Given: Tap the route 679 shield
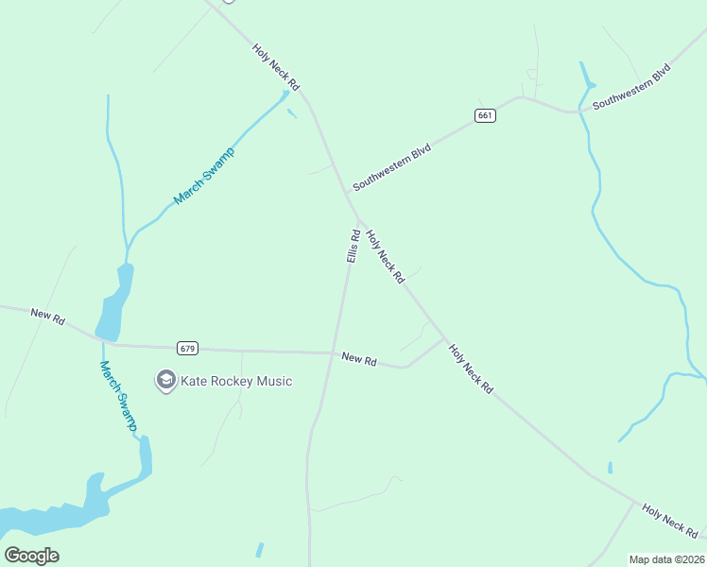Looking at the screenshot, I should click(x=188, y=349).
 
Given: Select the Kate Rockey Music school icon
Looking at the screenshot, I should click(x=166, y=381).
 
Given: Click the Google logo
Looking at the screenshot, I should click(x=31, y=555).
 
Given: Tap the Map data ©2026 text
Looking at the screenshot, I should click(x=666, y=559).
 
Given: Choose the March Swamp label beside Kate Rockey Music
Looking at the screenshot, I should click(x=118, y=397).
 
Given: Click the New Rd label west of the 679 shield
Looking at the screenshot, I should click(x=47, y=317).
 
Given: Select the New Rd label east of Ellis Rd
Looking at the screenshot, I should click(x=359, y=359).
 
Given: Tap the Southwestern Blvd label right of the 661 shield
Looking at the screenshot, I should click(x=631, y=86).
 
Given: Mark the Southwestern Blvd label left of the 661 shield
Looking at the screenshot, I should click(x=391, y=167).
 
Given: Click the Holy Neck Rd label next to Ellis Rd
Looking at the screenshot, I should click(x=386, y=256).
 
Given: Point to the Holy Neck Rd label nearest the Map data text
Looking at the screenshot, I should click(x=669, y=520).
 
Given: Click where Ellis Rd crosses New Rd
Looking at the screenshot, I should click(x=333, y=353).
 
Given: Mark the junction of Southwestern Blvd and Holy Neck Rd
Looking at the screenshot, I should click(x=355, y=218).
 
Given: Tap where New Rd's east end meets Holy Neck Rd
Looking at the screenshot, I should click(x=444, y=338).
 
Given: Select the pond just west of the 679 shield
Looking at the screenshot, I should click(x=112, y=307).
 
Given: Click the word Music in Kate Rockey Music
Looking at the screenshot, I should click(x=273, y=381).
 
